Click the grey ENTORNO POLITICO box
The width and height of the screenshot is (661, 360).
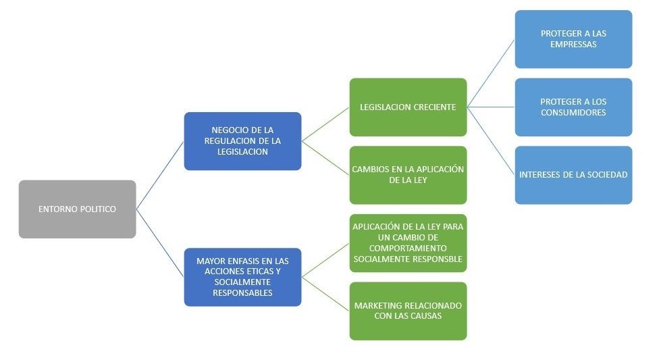pyautogui.click(x=77, y=209)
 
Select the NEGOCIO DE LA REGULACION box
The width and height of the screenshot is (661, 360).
pyautogui.click(x=242, y=141)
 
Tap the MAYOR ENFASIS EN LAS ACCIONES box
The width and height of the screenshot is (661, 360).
pyautogui.click(x=242, y=277)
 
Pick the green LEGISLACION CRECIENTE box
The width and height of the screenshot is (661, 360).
pyautogui.click(x=408, y=107)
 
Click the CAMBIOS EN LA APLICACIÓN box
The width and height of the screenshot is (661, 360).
pyautogui.click(x=408, y=175)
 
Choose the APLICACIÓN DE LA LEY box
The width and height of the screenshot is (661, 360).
pyautogui.click(x=408, y=243)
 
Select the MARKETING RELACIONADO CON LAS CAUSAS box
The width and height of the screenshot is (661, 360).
pyautogui.click(x=408, y=311)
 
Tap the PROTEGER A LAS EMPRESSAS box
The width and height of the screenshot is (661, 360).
pyautogui.click(x=573, y=39)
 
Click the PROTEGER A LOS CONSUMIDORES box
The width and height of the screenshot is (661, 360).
pyautogui.click(x=573, y=107)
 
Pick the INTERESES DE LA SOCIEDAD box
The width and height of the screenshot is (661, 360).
pyautogui.click(x=573, y=175)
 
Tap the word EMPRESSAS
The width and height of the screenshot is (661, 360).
pyautogui.click(x=573, y=45)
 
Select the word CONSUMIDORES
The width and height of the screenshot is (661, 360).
pyautogui.click(x=573, y=113)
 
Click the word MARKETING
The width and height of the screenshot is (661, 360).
pyautogui.click(x=379, y=306)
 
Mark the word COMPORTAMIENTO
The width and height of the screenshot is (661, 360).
pyautogui.click(x=408, y=248)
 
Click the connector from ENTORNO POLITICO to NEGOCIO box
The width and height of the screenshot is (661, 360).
pyautogui.click(x=160, y=175)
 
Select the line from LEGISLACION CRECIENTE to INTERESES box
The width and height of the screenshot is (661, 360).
pyautogui.click(x=491, y=140)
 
